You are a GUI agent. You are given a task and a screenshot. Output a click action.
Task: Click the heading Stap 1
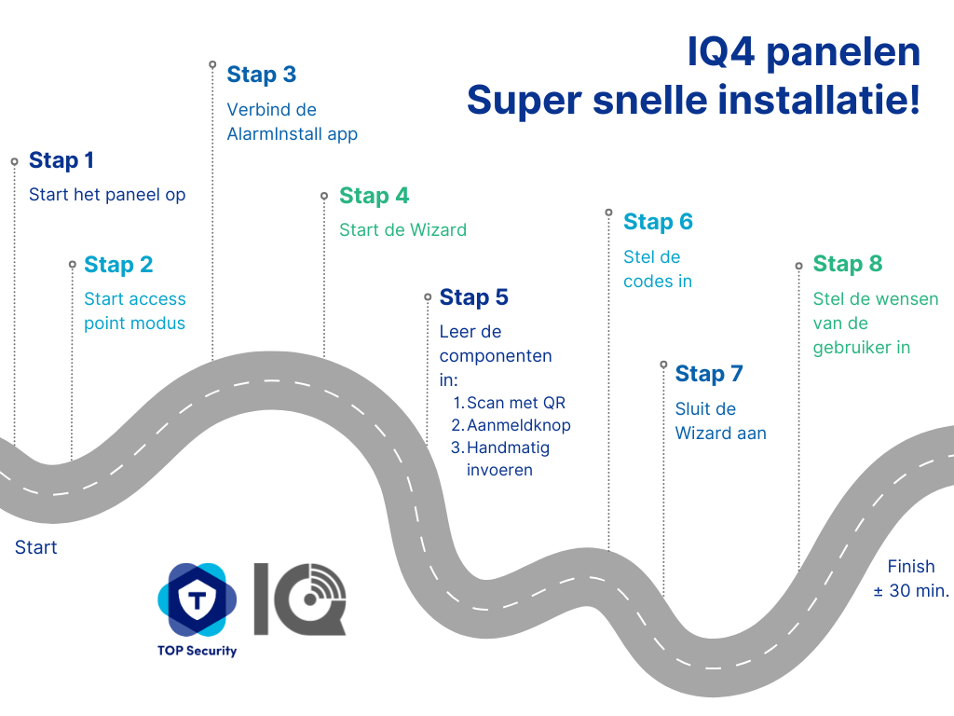click(x=61, y=160)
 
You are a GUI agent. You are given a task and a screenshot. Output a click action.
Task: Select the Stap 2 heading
click(x=118, y=265)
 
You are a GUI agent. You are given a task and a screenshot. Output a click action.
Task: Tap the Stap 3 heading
click(x=262, y=75)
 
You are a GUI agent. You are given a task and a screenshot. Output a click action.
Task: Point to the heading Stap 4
click(x=375, y=196)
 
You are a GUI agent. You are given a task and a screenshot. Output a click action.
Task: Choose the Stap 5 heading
click(x=474, y=297)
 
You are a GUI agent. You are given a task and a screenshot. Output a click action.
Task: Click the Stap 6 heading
click(x=659, y=222)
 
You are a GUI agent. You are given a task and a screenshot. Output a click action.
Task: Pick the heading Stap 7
click(x=709, y=374)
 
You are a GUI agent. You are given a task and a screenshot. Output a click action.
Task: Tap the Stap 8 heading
click(x=848, y=264)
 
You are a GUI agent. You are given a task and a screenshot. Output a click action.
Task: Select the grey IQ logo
click(x=300, y=599)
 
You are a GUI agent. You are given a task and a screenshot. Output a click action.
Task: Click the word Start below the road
click(x=36, y=547)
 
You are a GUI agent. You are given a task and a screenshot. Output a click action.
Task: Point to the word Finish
click(x=911, y=567)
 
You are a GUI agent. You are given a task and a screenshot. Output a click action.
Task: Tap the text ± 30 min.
click(x=911, y=590)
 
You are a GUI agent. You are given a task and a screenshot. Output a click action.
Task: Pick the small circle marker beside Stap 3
click(x=212, y=64)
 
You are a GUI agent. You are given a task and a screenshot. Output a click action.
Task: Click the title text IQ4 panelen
click(x=804, y=52)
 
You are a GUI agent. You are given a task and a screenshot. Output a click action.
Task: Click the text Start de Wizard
click(x=402, y=230)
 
